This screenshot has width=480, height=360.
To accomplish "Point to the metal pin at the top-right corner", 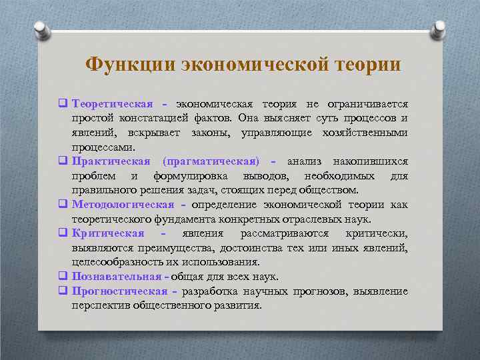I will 439,27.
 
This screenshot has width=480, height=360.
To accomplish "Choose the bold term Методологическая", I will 123,205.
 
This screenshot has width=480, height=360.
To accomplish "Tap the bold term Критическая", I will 108,233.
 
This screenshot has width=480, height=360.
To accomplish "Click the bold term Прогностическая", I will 120,291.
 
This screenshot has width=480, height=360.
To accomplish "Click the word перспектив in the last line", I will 99,305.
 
